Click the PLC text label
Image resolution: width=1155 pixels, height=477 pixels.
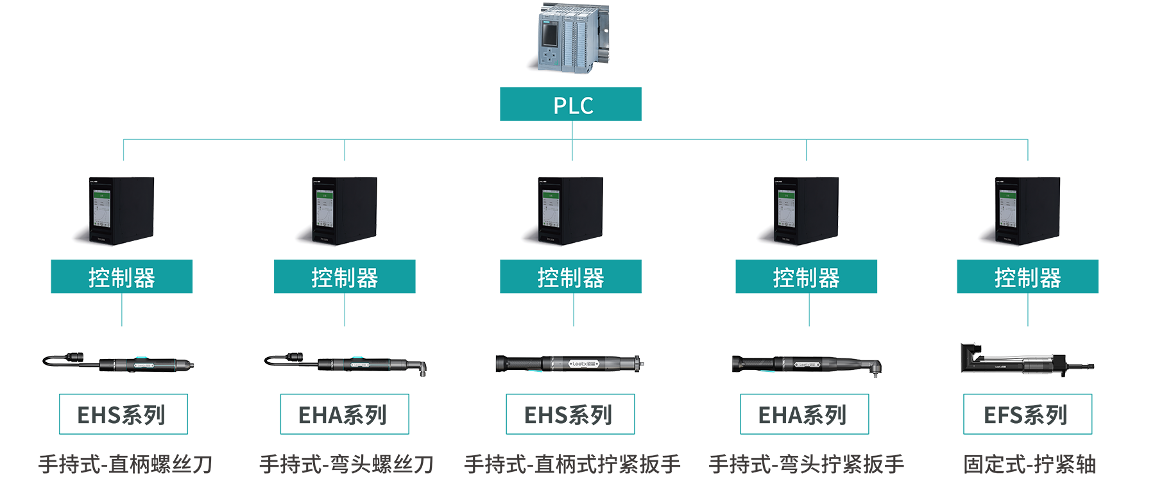[x=573, y=106]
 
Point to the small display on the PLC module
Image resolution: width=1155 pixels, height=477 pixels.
[x=549, y=35]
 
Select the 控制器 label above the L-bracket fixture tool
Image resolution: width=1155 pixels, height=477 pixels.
[x=1027, y=278]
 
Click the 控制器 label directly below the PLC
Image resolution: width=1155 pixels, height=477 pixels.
[x=570, y=278]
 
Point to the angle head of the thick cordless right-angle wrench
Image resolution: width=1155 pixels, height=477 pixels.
[x=873, y=368]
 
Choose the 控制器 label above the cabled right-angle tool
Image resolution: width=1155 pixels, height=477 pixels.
[x=345, y=278]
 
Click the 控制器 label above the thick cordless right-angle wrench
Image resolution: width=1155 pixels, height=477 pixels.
[x=806, y=278]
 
